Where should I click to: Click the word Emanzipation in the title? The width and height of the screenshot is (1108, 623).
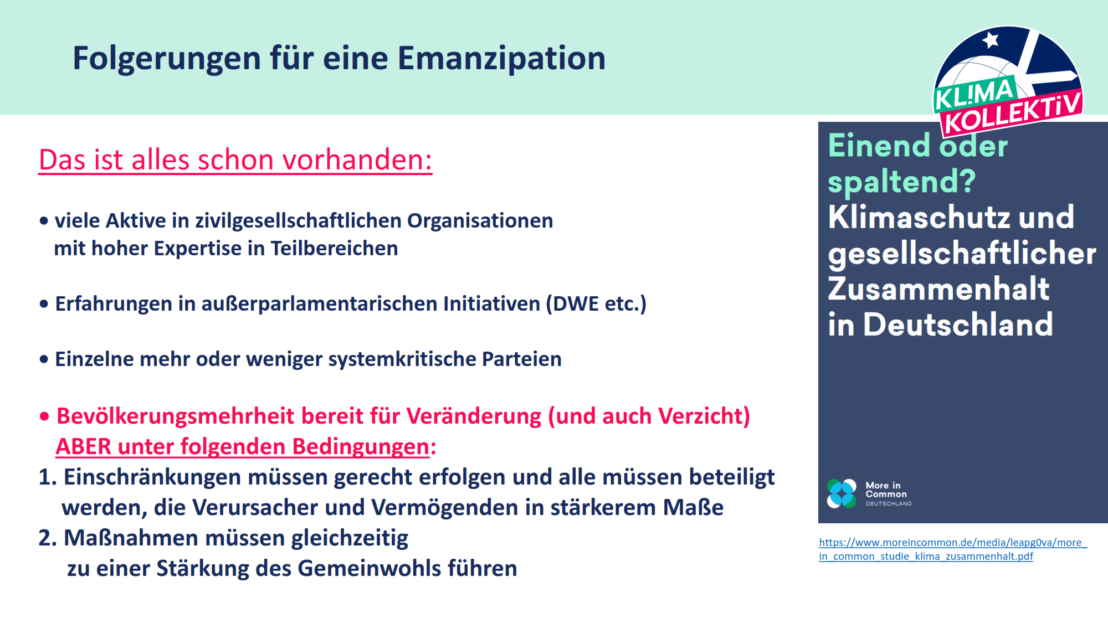(x=501, y=59)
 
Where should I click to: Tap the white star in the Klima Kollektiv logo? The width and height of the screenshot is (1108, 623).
(x=990, y=40)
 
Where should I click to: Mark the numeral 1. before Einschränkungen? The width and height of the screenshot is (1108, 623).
(x=48, y=477)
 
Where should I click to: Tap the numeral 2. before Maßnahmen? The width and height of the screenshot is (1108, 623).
(x=48, y=538)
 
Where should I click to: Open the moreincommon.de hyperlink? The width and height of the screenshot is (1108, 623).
(x=953, y=549)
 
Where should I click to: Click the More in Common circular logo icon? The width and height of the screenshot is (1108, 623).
(x=842, y=493)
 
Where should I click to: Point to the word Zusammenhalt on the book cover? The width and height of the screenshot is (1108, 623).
(x=938, y=289)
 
